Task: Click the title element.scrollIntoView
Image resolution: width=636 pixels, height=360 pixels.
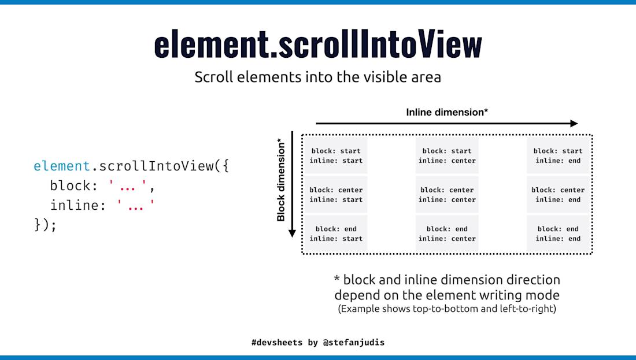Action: [317, 44]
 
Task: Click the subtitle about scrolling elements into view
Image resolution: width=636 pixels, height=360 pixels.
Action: [317, 77]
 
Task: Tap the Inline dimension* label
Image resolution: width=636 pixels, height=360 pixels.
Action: [447, 112]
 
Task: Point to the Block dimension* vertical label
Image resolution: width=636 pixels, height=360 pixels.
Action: [281, 180]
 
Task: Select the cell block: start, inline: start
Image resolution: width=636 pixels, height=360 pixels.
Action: [336, 155]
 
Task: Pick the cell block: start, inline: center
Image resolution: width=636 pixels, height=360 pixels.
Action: [447, 155]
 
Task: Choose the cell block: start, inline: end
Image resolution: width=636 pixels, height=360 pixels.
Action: [558, 155]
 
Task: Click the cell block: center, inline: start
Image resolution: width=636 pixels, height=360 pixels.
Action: [336, 195]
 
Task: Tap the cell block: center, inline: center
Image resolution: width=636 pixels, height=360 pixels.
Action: [447, 195]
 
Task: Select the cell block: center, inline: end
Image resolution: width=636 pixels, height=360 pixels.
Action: [558, 195]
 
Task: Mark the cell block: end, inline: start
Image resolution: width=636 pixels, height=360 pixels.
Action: [336, 233]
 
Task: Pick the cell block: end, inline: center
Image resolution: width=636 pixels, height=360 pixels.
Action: [447, 233]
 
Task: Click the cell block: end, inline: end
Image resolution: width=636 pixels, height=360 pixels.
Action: [558, 233]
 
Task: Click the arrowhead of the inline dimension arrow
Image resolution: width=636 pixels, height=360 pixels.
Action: [574, 123]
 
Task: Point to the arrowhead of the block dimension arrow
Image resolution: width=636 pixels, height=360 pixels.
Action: [293, 233]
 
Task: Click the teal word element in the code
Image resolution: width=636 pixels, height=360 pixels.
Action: [62, 166]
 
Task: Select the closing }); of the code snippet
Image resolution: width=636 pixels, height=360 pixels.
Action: [46, 225]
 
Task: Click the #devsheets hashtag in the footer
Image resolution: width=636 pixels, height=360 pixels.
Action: [277, 342]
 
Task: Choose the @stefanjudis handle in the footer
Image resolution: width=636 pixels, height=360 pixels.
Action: [354, 342]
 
